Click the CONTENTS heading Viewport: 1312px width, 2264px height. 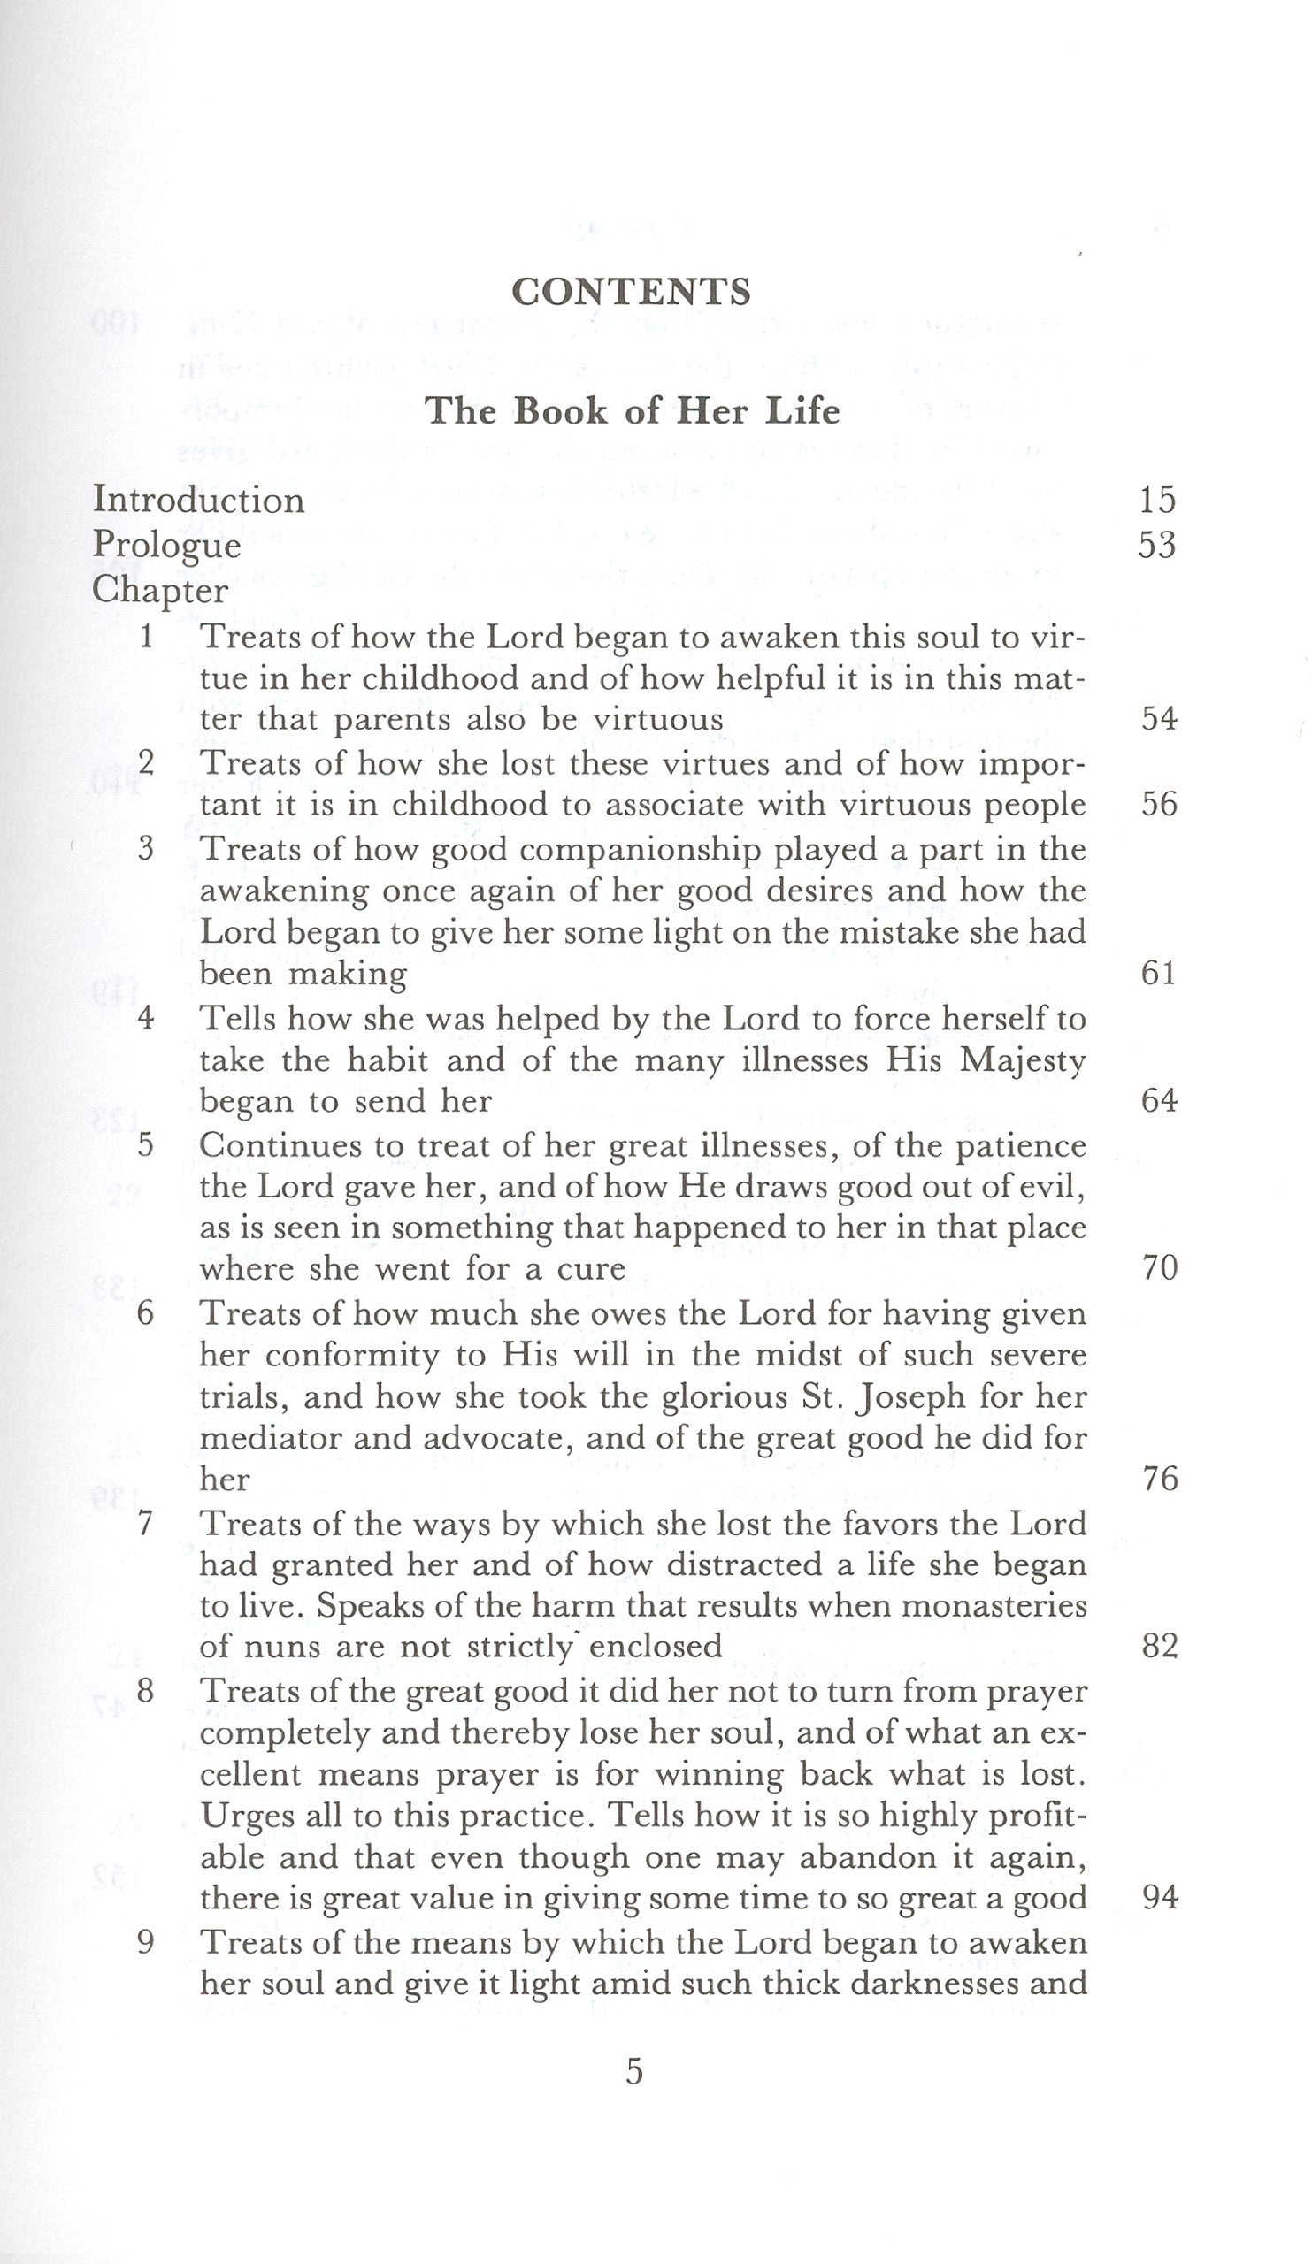(631, 292)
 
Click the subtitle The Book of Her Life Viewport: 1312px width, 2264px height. (632, 410)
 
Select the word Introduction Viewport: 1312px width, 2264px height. (198, 500)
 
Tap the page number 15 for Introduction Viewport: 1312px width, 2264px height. (1157, 500)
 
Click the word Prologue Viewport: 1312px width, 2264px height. (167, 546)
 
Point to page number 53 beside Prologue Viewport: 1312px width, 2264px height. (1157, 546)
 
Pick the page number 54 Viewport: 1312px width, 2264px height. (1159, 719)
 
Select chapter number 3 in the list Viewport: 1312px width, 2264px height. (147, 848)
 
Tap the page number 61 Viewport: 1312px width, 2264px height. (1159, 973)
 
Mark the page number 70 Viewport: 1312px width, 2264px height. (1159, 1267)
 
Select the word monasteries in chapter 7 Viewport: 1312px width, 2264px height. (993, 1605)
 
